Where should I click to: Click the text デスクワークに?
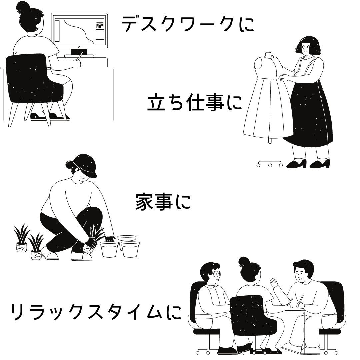[x=188, y=24]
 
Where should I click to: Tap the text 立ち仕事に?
[x=195, y=103]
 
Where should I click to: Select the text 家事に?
[x=163, y=202]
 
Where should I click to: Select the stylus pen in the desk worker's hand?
[x=80, y=56]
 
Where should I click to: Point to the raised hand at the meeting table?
[x=274, y=283]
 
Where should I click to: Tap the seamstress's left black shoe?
[x=296, y=164]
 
